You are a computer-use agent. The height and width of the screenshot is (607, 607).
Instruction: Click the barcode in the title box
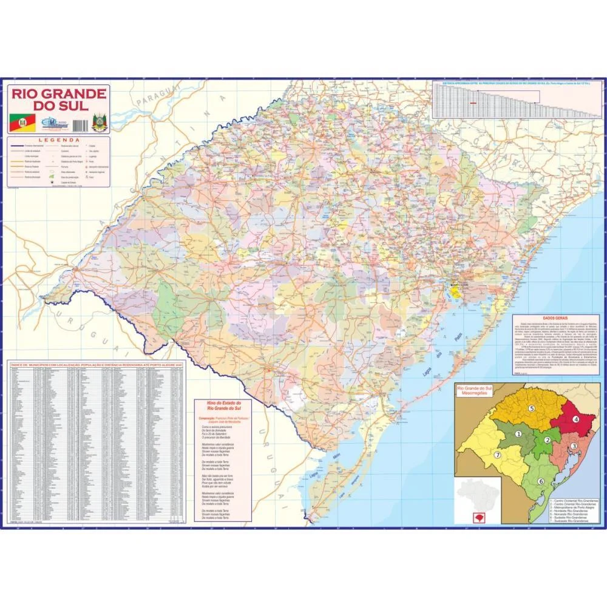[80, 124]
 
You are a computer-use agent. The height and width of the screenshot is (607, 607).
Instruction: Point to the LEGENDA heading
[59, 140]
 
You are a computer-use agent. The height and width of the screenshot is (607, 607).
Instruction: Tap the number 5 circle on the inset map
[531, 408]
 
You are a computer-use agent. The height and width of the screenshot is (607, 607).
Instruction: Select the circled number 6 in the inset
[540, 481]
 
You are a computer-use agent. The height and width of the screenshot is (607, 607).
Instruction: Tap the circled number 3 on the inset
[573, 446]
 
